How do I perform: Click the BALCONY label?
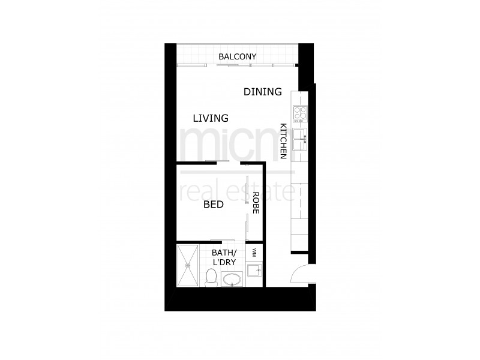coord(238,57)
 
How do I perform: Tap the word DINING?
coord(263,92)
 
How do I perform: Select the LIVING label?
coord(211,118)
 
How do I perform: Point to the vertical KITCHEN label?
coord(283,141)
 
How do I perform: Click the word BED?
coord(213,205)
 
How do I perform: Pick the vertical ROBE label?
coord(256,204)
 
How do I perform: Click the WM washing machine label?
coord(255,251)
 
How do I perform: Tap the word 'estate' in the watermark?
coord(263,192)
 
